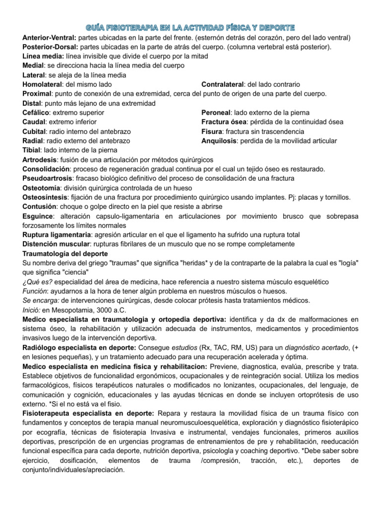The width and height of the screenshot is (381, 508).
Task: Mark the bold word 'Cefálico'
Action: [x=37, y=113]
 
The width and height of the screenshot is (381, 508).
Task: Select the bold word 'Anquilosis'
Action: [x=219, y=141]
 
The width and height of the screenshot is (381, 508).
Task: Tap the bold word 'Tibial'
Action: [x=32, y=150]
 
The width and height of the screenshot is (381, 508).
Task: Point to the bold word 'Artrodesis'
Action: [x=40, y=160]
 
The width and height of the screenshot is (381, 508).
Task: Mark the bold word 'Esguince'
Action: [x=39, y=216]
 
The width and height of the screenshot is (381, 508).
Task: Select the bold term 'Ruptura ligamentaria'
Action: [x=57, y=235]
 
